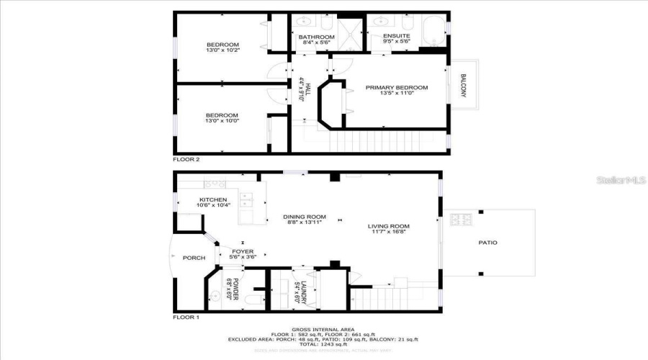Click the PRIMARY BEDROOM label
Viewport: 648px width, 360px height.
396,88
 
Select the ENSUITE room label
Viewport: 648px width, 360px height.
396,36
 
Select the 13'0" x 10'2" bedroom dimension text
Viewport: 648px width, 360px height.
222,50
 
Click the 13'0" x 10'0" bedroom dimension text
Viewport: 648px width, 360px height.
222,122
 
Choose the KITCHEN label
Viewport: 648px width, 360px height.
213,199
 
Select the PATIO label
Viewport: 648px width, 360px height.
487,243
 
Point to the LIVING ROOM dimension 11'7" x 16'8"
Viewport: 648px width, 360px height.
388,233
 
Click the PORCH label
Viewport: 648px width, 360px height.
194,258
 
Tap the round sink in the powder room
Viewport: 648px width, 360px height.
214,295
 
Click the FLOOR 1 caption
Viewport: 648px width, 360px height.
186,317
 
